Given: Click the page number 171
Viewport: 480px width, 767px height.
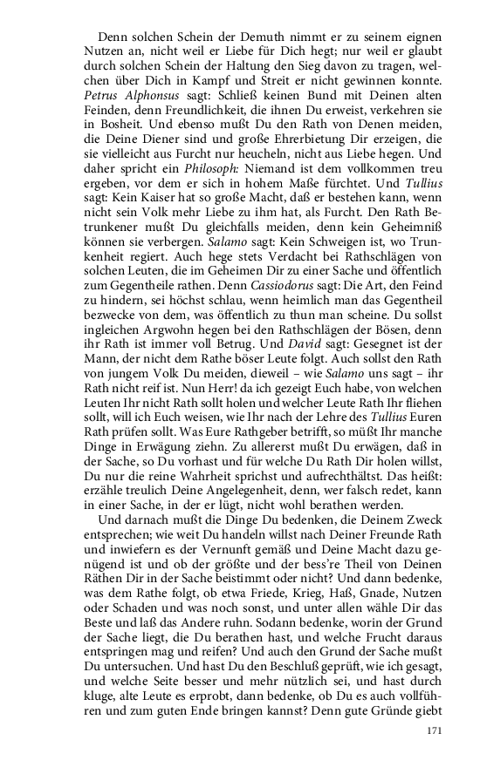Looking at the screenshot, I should (435, 730).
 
